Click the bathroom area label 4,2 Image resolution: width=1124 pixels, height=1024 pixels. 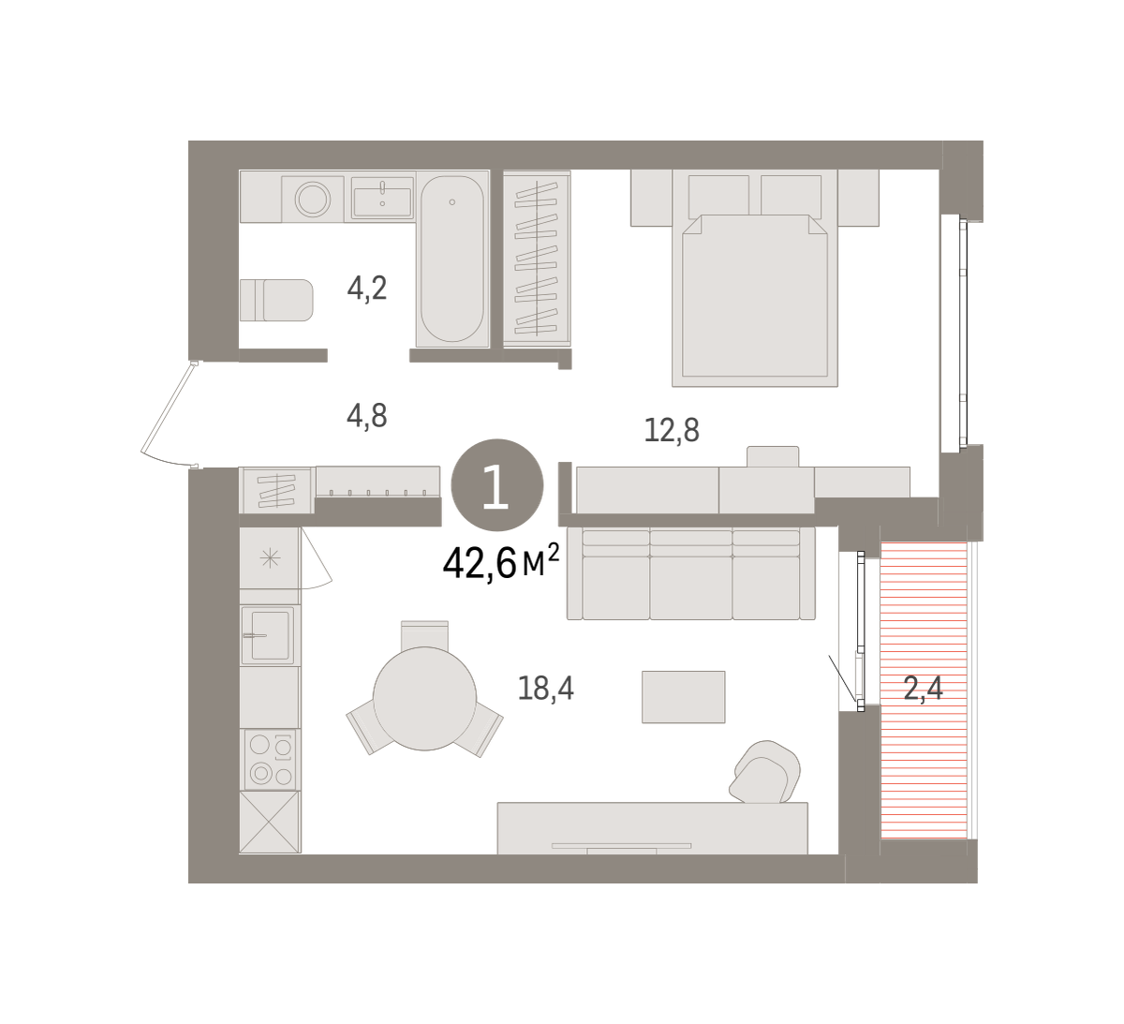(367, 289)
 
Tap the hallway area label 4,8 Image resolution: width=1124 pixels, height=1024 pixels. (367, 416)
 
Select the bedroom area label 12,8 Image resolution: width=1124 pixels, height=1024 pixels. (672, 430)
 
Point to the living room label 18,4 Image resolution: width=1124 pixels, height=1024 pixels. (545, 688)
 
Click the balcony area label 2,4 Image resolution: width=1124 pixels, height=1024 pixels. (924, 689)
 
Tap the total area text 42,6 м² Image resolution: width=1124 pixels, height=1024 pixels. (501, 563)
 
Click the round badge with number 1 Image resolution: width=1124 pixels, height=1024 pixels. (497, 484)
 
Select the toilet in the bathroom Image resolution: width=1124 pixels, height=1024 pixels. (276, 301)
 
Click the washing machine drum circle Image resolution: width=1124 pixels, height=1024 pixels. (313, 199)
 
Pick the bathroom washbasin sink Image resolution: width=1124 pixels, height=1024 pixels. (382, 198)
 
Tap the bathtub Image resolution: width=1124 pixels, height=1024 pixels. (452, 259)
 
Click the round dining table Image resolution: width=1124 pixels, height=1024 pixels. (424, 698)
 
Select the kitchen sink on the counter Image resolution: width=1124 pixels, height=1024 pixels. (270, 635)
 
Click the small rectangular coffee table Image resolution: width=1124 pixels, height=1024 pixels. (684, 697)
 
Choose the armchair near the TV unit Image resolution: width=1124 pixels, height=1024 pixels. (764, 772)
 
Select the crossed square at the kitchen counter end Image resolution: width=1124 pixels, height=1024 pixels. (270, 822)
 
